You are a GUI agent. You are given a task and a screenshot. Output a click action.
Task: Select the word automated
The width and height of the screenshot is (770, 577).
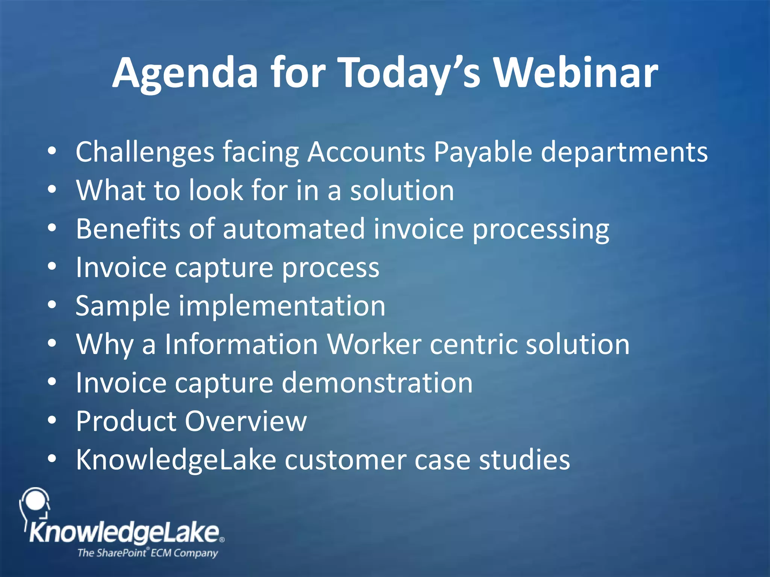[294, 229]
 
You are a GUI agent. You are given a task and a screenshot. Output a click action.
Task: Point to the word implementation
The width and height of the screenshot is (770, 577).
[282, 306]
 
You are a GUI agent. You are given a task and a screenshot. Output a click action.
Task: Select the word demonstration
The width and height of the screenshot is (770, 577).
[377, 383]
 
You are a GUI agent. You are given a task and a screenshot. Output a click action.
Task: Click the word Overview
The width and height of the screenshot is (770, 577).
[246, 421]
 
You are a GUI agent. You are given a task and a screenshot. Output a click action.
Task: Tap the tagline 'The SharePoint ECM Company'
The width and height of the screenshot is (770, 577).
[147, 553]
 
